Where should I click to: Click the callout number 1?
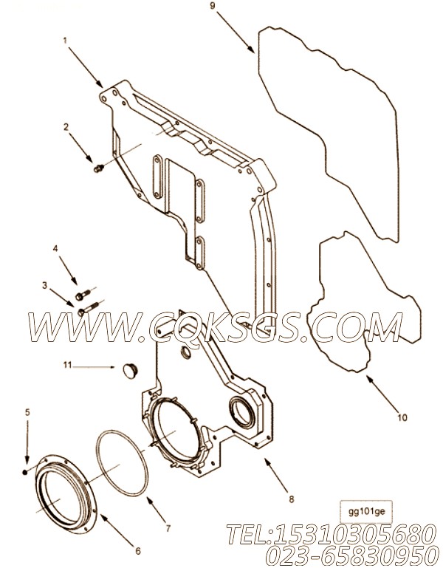(x=65, y=41)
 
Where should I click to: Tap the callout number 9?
(x=213, y=6)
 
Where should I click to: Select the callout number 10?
(x=402, y=417)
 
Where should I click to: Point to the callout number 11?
(x=68, y=365)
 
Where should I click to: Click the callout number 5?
(x=27, y=412)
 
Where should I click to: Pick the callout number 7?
(x=168, y=529)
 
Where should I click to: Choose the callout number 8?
(x=291, y=499)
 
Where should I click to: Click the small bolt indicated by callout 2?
(x=98, y=168)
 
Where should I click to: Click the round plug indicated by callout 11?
(x=131, y=372)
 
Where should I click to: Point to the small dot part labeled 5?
(x=25, y=472)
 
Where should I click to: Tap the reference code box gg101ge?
(x=367, y=512)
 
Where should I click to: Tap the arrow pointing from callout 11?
(x=95, y=367)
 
